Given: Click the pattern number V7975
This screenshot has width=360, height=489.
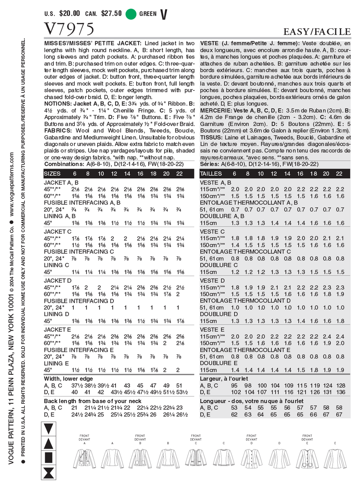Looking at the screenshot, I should click(x=69, y=29).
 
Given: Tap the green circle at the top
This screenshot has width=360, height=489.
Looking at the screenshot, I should click(x=131, y=14).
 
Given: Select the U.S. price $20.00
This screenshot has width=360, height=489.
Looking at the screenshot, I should click(x=69, y=14).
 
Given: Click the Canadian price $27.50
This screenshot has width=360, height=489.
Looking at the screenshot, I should click(x=111, y=14).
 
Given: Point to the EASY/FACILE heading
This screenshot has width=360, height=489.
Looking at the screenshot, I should click(x=317, y=32).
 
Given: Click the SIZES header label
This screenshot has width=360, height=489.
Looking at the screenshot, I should click(x=52, y=174).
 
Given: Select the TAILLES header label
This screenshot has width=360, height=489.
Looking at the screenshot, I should click(x=211, y=174).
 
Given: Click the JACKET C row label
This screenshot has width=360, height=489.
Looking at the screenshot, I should click(x=58, y=232).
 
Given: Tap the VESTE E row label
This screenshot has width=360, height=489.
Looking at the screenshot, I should click(x=212, y=329).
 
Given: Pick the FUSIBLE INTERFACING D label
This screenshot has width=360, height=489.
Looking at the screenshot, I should click(x=79, y=301).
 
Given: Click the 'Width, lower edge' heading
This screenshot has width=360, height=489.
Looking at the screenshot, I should click(x=68, y=379).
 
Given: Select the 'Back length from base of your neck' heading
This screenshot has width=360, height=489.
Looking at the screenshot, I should click(x=93, y=401).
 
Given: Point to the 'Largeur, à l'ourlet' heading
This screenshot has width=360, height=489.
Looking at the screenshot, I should click(x=224, y=379).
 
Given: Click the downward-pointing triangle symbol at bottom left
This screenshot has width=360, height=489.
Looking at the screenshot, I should click(x=49, y=429).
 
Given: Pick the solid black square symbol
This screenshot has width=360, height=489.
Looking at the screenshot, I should click(x=49, y=457).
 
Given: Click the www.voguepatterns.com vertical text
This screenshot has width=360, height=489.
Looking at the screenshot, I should click(x=12, y=184).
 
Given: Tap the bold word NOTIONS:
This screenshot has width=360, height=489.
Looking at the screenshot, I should click(x=58, y=104).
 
